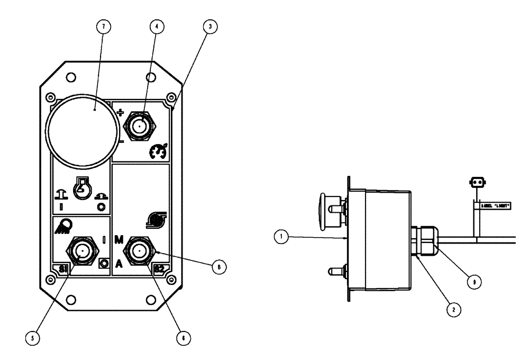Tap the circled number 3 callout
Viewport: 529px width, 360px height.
click(211, 26)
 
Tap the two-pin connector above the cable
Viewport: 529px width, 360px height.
click(478, 182)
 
